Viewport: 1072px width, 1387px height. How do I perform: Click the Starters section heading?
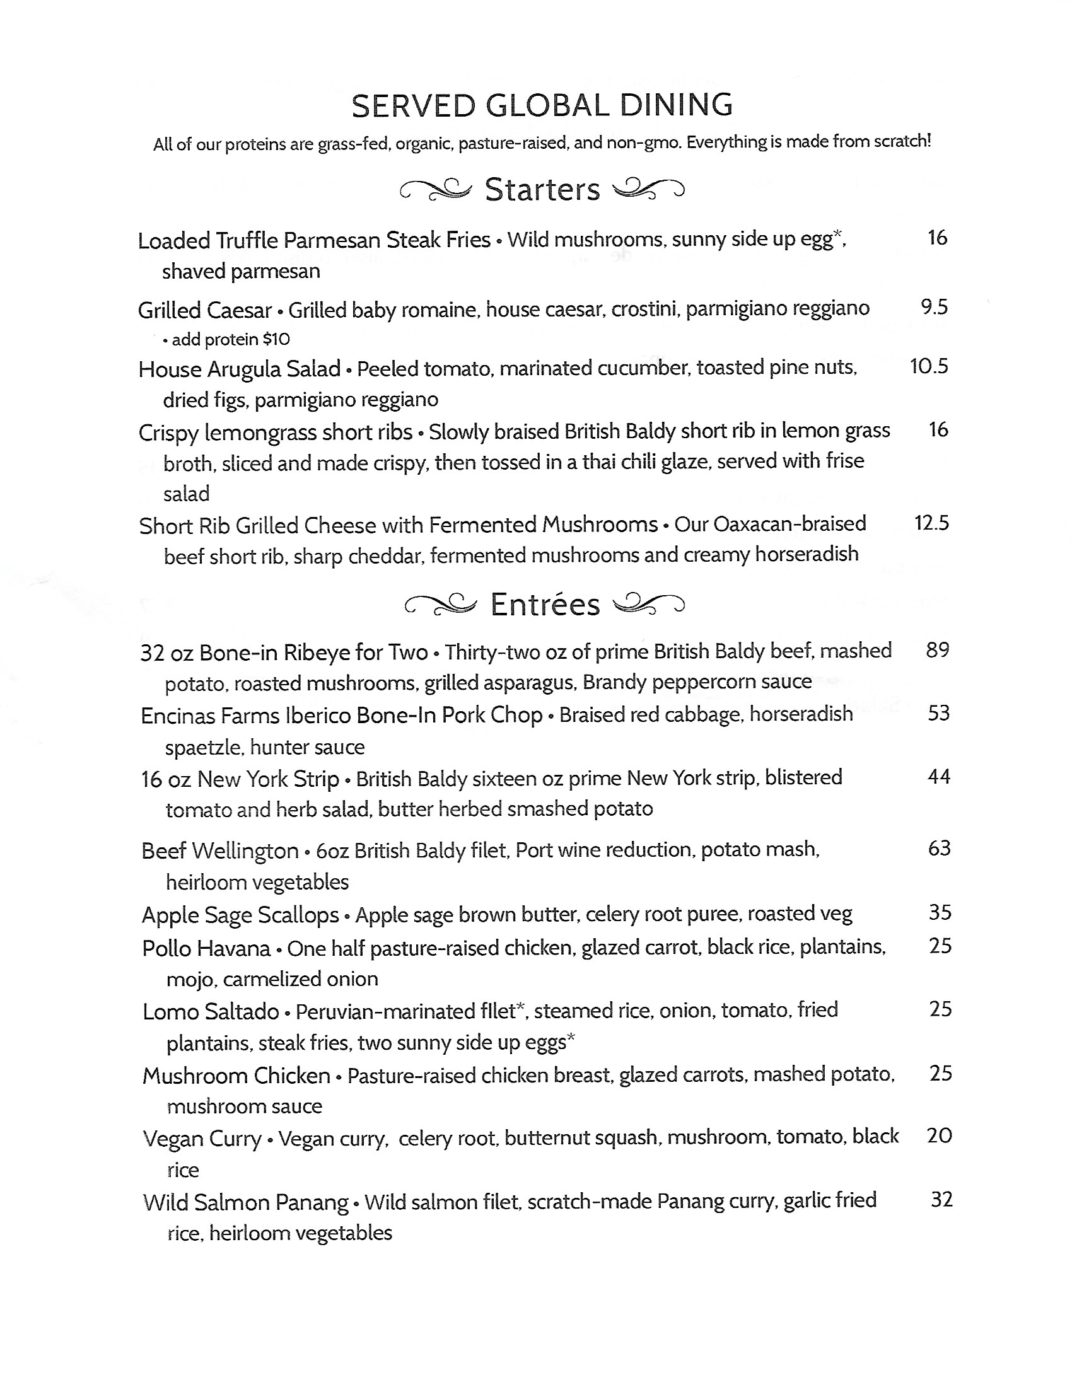(542, 190)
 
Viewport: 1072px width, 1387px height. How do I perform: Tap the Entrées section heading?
(545, 605)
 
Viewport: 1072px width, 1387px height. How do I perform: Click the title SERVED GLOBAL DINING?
(542, 105)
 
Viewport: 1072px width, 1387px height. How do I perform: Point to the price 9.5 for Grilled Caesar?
(934, 308)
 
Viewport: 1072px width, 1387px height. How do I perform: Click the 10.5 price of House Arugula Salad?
(929, 366)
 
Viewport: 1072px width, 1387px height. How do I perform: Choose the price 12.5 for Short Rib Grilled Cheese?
(931, 523)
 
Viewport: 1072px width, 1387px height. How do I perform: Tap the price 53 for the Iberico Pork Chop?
(939, 713)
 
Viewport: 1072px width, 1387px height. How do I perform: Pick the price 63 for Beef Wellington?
(940, 849)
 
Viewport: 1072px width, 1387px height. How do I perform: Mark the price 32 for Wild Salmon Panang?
(941, 1200)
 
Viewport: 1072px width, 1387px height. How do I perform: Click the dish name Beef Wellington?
(219, 851)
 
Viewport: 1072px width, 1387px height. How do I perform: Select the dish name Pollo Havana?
(206, 949)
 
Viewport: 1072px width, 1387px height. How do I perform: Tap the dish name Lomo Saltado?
(211, 1012)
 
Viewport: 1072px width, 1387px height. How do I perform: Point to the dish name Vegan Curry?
(202, 1139)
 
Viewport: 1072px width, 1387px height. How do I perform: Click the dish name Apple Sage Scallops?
(240, 915)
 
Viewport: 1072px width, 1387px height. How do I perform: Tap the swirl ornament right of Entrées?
(648, 604)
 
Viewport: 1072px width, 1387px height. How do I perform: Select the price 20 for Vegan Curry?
(940, 1136)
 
